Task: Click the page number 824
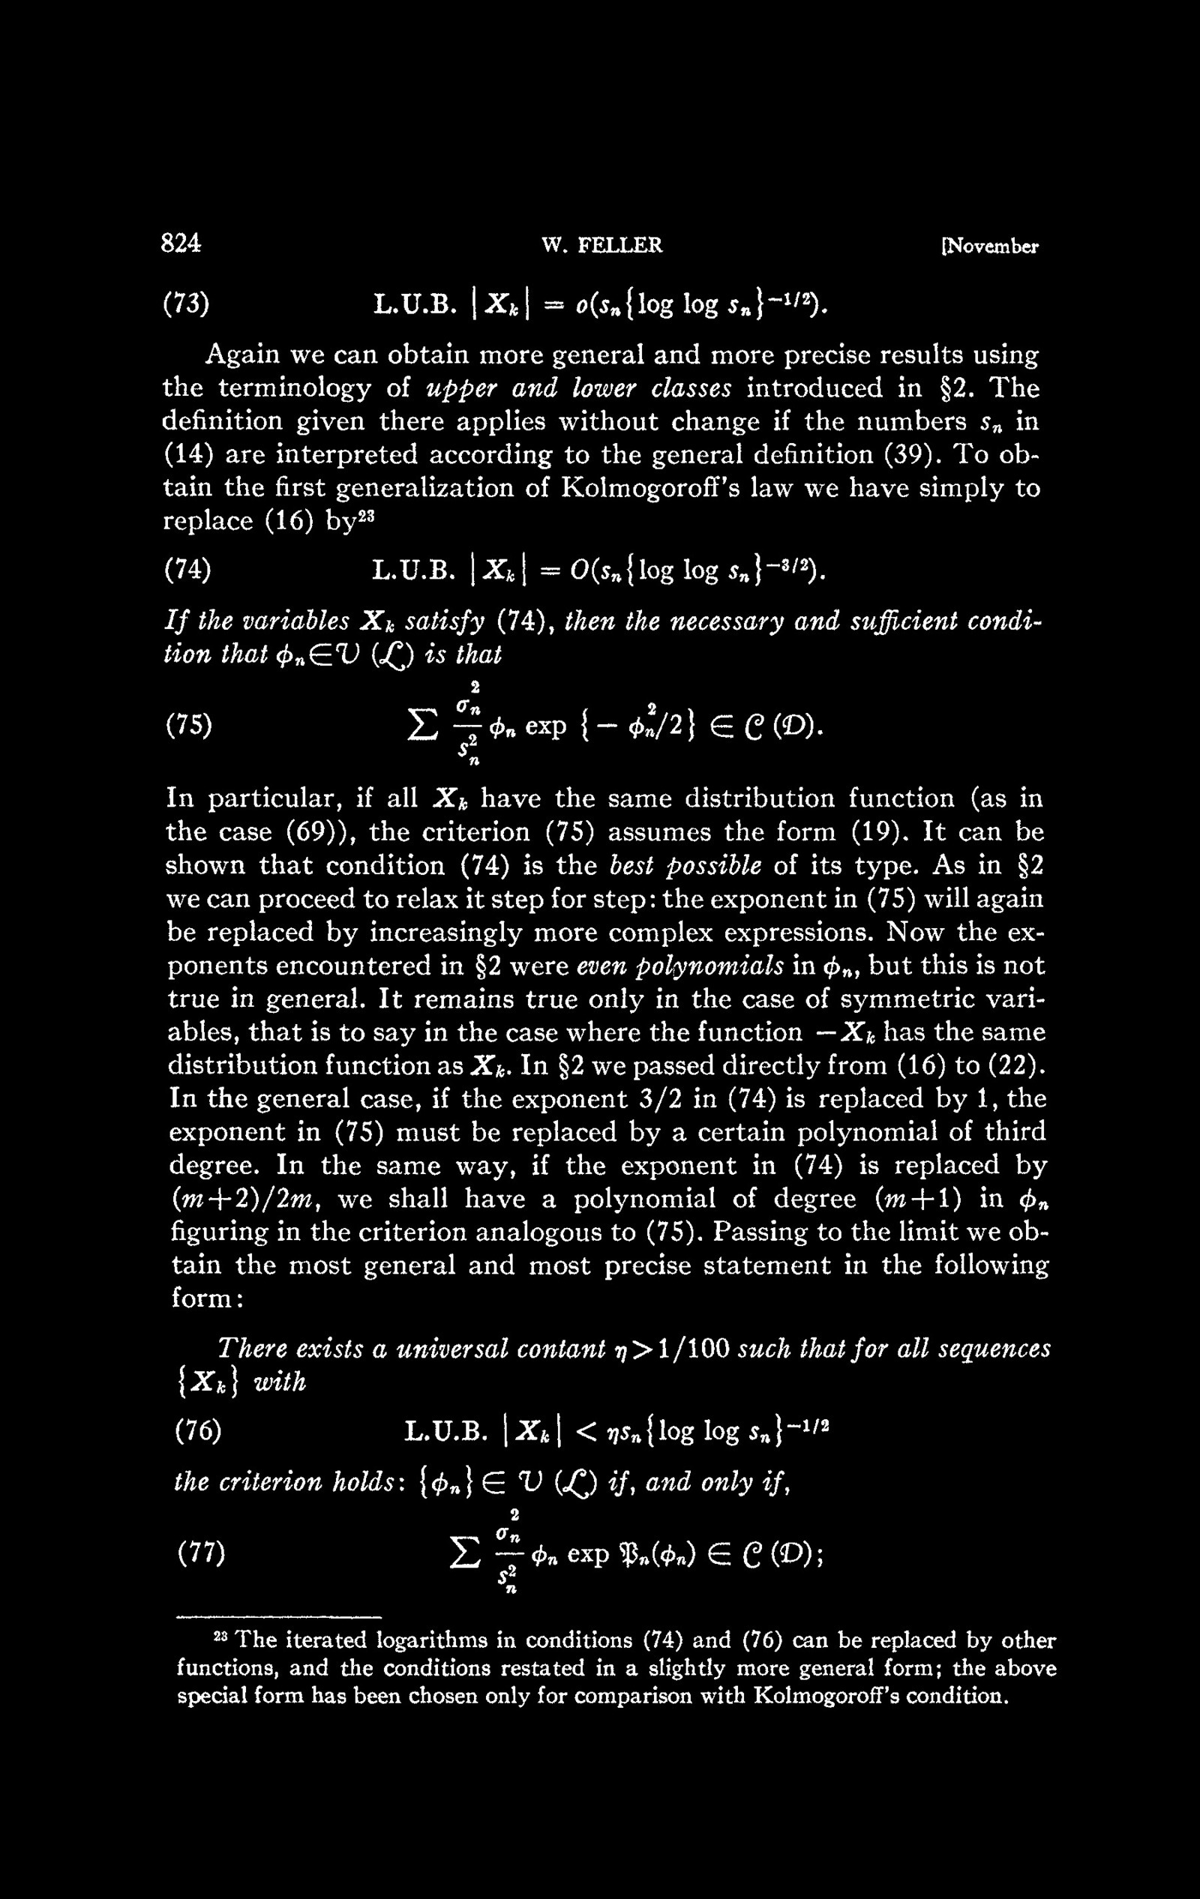[x=181, y=244]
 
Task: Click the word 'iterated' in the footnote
[x=320, y=1641]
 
